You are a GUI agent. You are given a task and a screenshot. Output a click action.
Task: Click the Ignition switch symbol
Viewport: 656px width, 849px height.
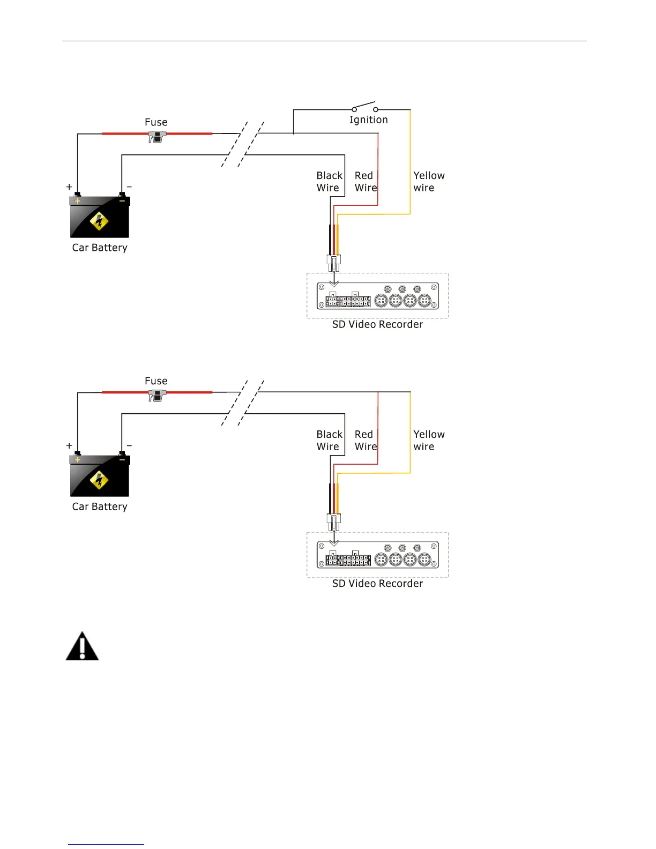point(364,106)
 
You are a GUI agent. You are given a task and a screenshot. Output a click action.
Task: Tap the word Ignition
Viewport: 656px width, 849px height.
point(368,120)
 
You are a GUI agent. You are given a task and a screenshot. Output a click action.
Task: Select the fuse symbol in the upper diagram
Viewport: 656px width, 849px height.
point(156,137)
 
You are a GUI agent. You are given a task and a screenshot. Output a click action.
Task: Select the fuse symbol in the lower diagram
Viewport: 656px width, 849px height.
point(156,396)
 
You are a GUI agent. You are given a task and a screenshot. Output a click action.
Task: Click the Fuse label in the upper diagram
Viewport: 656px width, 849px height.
point(156,122)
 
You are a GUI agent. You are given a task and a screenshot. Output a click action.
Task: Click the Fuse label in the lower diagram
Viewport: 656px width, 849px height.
point(156,381)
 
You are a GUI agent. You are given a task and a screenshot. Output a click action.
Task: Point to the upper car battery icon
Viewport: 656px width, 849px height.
point(100,217)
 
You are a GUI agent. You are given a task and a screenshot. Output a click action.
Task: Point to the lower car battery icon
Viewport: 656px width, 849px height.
point(100,475)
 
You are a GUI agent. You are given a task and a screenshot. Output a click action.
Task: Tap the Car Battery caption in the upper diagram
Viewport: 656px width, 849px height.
point(100,248)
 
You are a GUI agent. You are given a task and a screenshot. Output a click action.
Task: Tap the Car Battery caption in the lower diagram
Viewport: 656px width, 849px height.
point(100,507)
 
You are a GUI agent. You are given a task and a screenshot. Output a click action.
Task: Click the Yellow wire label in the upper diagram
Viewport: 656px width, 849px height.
point(429,182)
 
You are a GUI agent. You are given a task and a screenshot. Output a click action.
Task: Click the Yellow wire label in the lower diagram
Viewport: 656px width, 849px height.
point(429,441)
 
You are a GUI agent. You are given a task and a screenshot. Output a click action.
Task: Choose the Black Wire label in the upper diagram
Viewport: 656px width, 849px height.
point(329,182)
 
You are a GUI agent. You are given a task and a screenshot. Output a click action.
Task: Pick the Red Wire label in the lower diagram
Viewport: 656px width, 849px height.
point(366,441)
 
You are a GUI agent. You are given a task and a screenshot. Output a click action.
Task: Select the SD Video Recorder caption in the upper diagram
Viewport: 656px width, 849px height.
point(377,324)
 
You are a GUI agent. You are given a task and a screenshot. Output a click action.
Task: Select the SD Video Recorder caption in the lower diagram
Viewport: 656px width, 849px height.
point(377,583)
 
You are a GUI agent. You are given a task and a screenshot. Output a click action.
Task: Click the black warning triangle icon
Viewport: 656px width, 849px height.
point(82,646)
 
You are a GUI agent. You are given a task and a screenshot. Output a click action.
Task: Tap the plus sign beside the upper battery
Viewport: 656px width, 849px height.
point(69,187)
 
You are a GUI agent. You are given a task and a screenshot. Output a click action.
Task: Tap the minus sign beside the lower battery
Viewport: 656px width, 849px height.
point(129,446)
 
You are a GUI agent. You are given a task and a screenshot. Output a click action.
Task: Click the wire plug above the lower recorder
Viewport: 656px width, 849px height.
point(333,521)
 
